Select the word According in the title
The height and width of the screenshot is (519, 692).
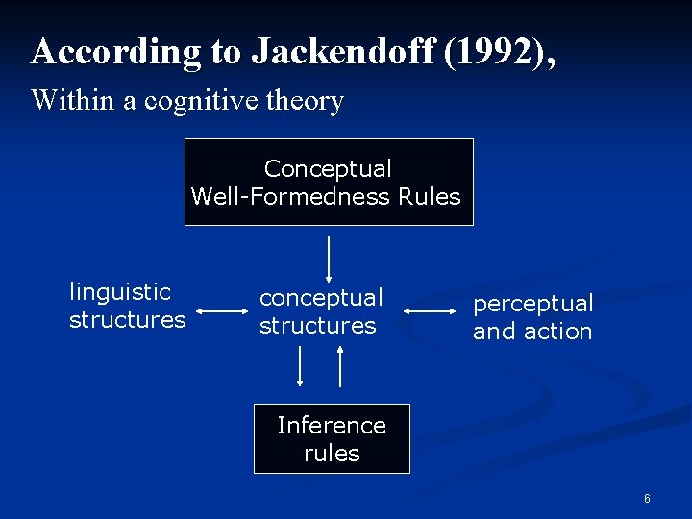(114, 52)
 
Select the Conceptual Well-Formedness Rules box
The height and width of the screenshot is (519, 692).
(329, 183)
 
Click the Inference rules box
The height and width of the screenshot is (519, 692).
(332, 438)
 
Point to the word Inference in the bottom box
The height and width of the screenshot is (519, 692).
(332, 425)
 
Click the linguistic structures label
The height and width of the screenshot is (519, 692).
(127, 306)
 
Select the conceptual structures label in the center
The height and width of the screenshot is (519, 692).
(320, 311)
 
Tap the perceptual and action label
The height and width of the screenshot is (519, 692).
(532, 317)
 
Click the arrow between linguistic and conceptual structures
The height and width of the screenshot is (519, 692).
(222, 311)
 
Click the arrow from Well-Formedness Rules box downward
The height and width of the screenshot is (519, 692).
(330, 256)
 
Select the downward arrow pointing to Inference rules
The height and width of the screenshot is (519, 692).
(301, 365)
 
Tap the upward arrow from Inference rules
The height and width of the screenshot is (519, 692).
(341, 365)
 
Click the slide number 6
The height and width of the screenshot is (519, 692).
(647, 499)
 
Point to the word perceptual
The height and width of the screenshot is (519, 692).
(532, 304)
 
